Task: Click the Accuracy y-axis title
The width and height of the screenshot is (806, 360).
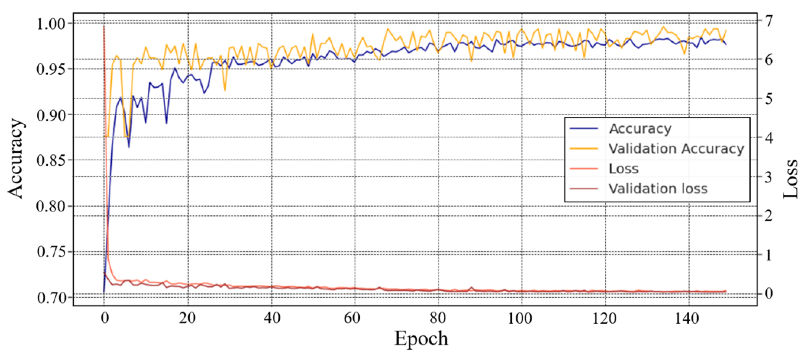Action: click(16, 158)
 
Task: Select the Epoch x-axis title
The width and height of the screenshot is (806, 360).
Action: click(421, 339)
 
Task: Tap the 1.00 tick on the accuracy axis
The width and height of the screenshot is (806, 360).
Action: click(51, 24)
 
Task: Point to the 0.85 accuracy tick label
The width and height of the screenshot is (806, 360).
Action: click(51, 160)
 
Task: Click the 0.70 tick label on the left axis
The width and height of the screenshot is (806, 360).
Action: click(51, 297)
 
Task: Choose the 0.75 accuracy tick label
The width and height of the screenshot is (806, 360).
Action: click(51, 252)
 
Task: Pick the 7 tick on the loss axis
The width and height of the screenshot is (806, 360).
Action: click(768, 20)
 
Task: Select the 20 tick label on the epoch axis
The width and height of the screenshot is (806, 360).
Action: click(187, 318)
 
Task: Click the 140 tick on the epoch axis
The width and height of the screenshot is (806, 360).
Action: click(687, 318)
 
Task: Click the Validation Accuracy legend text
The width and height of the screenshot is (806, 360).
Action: click(676, 149)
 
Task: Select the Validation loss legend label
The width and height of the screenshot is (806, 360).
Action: click(658, 189)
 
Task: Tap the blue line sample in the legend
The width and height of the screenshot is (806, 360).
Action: click(584, 129)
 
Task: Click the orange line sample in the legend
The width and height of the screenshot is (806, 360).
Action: click(584, 149)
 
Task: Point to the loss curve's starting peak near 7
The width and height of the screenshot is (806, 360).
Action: click(104, 27)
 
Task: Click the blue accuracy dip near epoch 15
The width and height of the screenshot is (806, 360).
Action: click(166, 123)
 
